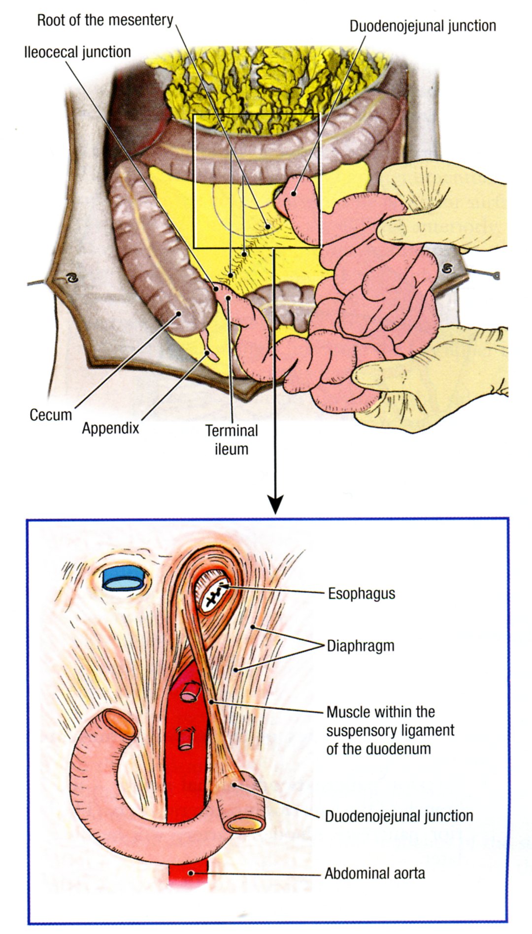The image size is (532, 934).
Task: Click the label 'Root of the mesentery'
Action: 105,20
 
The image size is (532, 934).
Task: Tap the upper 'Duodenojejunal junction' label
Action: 423,26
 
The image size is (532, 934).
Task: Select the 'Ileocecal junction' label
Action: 77,52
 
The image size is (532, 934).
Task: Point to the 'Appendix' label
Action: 110,428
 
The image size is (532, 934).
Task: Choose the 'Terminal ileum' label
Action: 232,440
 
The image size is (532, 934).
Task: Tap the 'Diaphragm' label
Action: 361,646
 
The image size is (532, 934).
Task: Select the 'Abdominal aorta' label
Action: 374,873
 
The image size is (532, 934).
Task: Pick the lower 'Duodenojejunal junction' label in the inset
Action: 399,816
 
